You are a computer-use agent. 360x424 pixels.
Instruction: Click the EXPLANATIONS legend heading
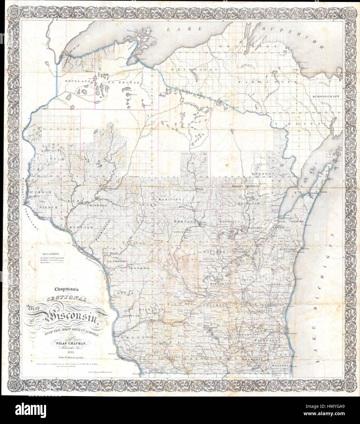point(51,254)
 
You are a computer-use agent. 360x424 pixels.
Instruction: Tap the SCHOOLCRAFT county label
point(326,96)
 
